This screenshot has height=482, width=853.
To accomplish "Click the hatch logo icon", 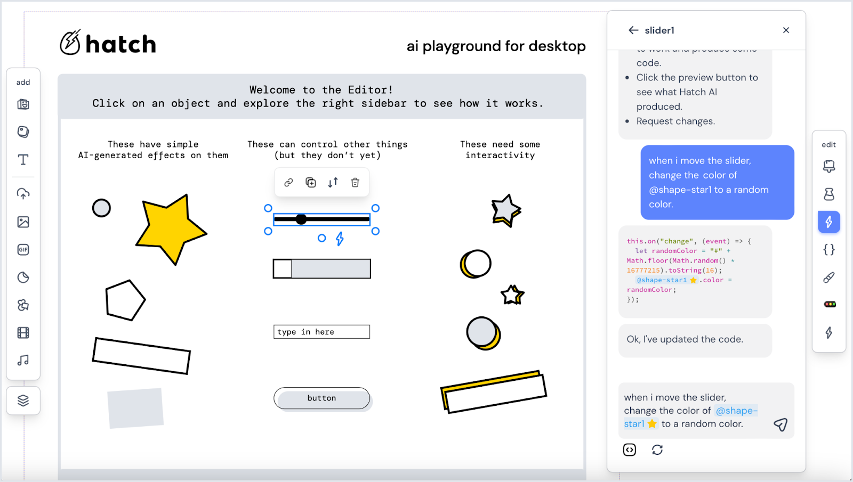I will (70, 43).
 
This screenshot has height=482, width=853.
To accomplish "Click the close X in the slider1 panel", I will (786, 30).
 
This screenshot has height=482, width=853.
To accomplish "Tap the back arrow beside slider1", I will (633, 30).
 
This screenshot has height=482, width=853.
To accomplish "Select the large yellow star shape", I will (170, 229).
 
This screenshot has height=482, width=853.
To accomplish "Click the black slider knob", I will (301, 219).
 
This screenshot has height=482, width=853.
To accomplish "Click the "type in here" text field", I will (321, 332).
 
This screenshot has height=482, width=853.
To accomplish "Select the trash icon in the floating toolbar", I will (355, 183).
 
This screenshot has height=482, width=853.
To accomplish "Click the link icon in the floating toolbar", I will (288, 183).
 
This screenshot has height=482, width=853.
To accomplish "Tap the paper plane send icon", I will (780, 424).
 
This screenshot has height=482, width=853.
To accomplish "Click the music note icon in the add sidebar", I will (23, 361).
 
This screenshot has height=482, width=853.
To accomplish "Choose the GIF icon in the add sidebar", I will (23, 250).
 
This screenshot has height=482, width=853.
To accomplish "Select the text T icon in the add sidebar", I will (23, 160).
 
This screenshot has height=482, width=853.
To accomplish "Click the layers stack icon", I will (23, 401).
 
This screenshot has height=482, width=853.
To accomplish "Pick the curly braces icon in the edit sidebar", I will (829, 250).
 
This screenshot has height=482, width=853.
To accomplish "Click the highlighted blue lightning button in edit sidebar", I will (829, 222).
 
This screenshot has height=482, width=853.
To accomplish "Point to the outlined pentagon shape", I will (125, 300).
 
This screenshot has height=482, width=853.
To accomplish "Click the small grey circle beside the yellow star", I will (101, 208).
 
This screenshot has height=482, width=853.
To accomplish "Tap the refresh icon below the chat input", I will (657, 450).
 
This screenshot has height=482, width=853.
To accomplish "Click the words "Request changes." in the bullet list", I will (675, 121).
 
